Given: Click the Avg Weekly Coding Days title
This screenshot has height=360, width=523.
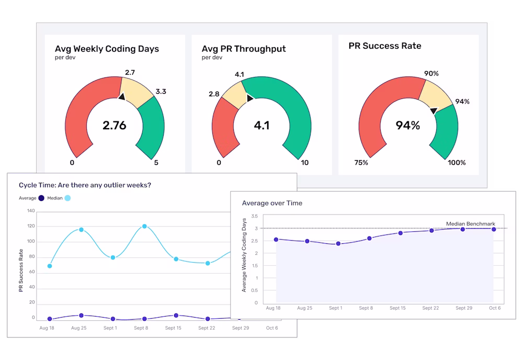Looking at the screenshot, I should click(107, 49).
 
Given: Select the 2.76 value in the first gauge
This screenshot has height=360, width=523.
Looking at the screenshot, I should click(115, 126).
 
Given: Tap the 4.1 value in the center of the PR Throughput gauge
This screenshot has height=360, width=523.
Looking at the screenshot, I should click(261, 126).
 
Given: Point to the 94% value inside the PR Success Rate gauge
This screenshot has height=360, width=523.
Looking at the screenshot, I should click(408, 126).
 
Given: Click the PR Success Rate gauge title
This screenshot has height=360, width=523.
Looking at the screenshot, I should click(385, 46).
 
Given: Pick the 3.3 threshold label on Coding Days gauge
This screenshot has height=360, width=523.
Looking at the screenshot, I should click(161, 92).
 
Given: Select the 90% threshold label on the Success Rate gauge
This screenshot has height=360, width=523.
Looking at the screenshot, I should click(431, 74).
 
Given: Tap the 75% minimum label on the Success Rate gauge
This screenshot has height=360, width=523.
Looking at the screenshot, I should click(360, 163).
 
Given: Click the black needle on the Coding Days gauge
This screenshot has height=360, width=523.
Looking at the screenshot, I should click(122, 96).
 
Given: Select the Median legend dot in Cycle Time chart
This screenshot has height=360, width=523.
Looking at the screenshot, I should click(68, 198).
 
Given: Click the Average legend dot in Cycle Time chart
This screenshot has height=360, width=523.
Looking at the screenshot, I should click(41, 198).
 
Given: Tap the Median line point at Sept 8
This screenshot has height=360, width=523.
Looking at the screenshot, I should click(144, 227).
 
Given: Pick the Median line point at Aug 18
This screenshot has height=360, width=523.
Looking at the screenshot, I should click(50, 266).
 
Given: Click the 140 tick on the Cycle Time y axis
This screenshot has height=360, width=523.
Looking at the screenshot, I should click(30, 211).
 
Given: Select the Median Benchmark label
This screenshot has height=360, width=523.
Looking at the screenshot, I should click(470, 224).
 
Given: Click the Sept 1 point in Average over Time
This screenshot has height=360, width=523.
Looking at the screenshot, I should click(338, 244).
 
